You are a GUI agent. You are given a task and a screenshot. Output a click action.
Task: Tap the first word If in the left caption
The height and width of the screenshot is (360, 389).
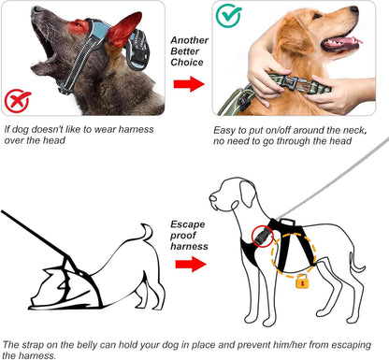pos(8,130)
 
